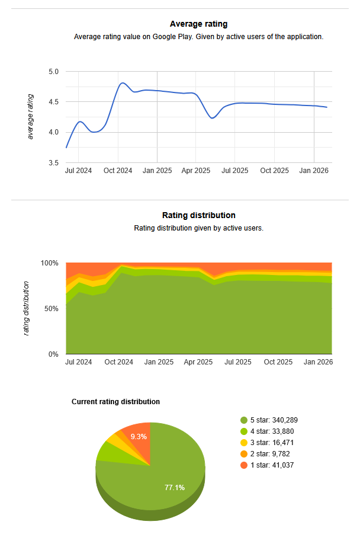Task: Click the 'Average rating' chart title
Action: [198, 24]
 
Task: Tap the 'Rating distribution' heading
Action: [198, 215]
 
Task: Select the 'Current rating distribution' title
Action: [115, 402]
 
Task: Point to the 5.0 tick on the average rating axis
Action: [53, 72]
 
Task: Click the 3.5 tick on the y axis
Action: [53, 163]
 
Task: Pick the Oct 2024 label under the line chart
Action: [118, 171]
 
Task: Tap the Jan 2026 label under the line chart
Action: [314, 171]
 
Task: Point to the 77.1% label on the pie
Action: [175, 488]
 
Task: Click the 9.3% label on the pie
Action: [139, 437]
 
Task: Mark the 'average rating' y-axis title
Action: [31, 117]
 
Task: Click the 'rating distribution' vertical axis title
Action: [27, 309]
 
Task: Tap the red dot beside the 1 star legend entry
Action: [244, 465]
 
